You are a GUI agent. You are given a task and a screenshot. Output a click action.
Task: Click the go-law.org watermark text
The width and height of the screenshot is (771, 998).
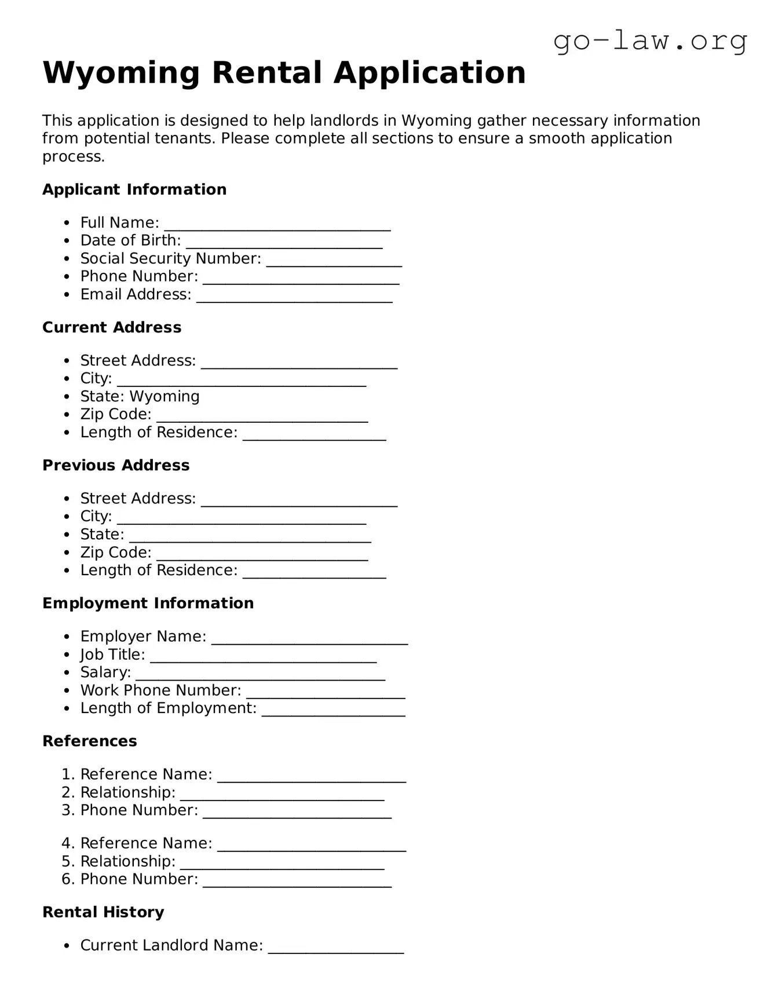click(650, 41)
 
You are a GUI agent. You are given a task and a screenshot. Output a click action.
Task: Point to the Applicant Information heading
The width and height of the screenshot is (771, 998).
click(134, 189)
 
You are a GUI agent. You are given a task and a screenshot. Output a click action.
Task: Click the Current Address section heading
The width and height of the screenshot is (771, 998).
click(112, 327)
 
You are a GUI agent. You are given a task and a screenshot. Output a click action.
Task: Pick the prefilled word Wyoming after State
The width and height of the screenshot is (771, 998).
click(165, 396)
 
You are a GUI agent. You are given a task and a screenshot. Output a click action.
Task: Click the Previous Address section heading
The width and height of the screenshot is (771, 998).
click(116, 465)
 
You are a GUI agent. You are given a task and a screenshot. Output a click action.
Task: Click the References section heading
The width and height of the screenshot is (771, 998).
click(90, 741)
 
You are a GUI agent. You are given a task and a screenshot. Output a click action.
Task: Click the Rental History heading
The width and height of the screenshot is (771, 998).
click(103, 912)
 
